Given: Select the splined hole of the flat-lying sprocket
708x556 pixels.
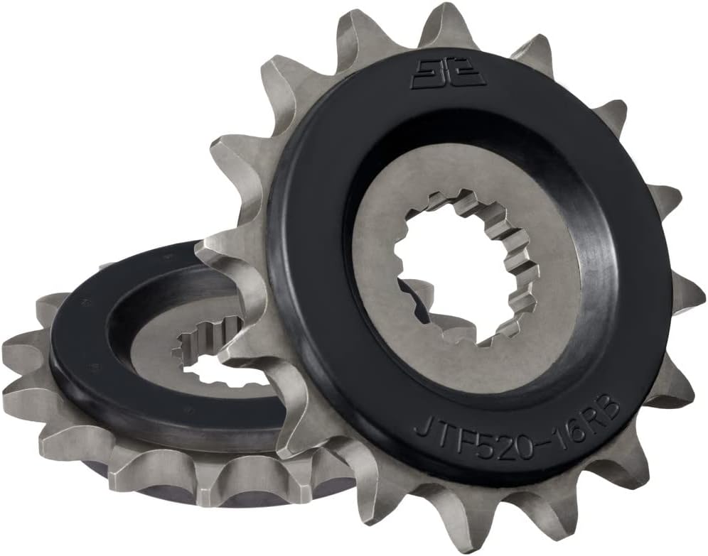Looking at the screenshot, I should (206, 355).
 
